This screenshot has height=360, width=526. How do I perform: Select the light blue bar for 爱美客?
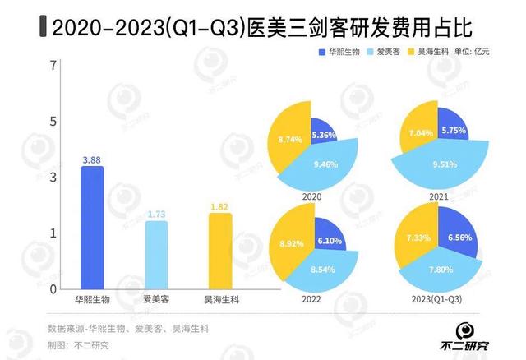(x=156, y=256)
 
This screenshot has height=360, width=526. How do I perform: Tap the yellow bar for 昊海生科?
(x=219, y=252)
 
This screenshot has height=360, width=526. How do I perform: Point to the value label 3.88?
(x=91, y=159)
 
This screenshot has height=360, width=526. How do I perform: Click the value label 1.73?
(x=156, y=214)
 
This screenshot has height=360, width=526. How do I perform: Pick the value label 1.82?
(x=219, y=206)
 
